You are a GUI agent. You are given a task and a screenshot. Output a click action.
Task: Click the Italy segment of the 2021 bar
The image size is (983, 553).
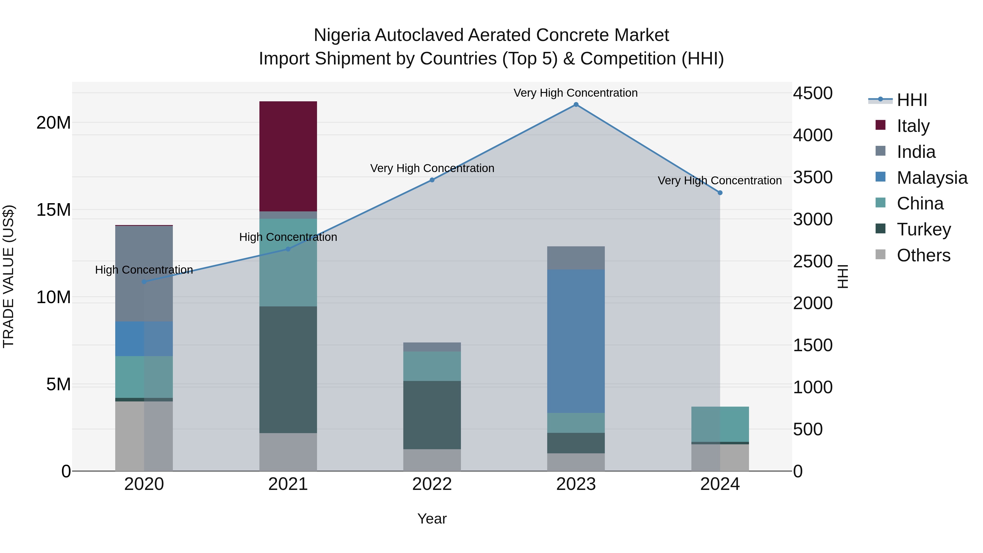click(x=288, y=156)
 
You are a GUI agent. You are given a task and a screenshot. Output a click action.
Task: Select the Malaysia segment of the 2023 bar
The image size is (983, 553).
click(x=576, y=341)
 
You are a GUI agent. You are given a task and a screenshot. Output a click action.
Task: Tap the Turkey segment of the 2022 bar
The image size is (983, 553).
click(x=432, y=415)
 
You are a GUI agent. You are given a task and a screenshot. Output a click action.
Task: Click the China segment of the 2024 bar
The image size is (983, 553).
click(x=720, y=424)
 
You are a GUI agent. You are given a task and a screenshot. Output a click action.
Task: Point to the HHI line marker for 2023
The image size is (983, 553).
click(x=576, y=105)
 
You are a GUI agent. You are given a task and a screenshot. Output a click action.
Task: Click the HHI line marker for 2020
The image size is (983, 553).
click(x=144, y=282)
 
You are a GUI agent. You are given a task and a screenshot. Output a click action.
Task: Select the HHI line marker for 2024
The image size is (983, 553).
click(x=720, y=193)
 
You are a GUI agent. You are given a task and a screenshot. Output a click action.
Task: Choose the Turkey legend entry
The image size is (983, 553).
click(x=923, y=229)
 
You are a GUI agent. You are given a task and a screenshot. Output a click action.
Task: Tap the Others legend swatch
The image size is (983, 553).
click(x=880, y=255)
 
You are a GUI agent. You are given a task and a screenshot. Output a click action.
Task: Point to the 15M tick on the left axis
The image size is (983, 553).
click(x=54, y=210)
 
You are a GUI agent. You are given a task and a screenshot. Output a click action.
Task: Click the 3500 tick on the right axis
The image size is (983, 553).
click(x=813, y=178)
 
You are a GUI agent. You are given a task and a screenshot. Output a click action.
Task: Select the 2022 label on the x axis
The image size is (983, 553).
click(x=432, y=484)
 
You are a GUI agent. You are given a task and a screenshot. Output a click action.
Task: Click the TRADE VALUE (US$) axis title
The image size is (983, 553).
click(x=8, y=276)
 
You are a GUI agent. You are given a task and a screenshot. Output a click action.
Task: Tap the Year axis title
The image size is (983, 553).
click(x=432, y=519)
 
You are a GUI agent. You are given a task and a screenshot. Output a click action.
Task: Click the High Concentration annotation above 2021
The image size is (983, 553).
click(x=288, y=237)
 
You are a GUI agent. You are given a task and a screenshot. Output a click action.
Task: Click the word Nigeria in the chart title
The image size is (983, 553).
click(x=342, y=35)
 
